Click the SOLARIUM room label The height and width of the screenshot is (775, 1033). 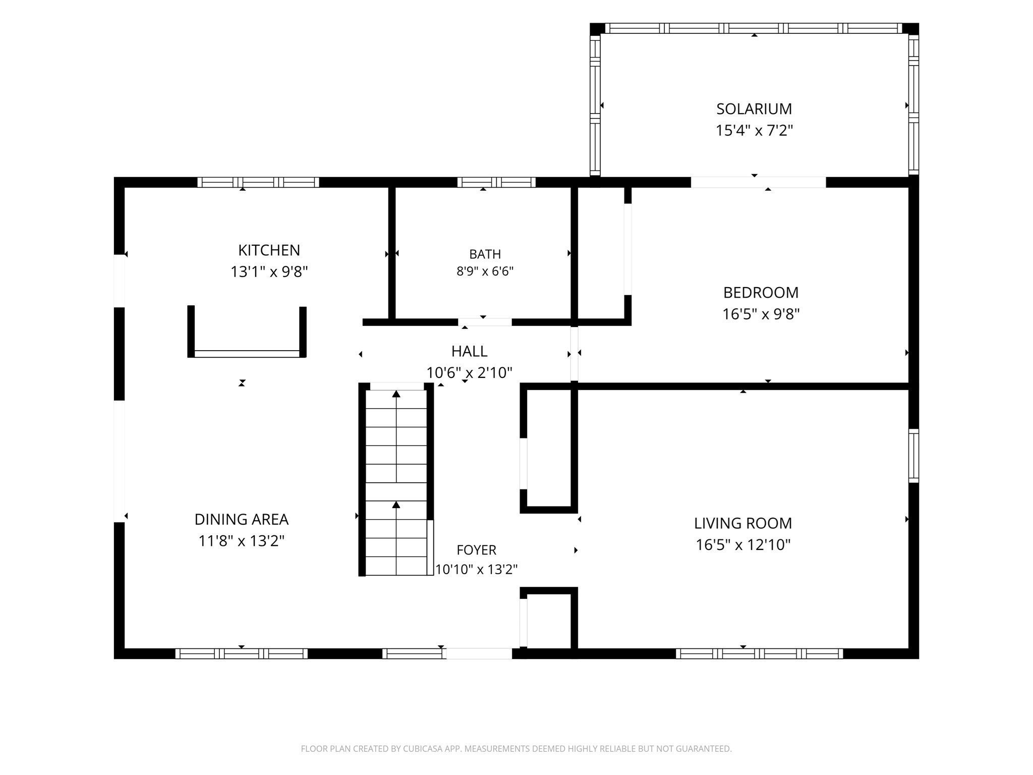tap(754, 108)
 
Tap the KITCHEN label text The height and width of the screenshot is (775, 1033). tap(269, 250)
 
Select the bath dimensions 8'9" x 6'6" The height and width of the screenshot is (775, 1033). tap(485, 271)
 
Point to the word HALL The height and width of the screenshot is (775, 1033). tap(469, 351)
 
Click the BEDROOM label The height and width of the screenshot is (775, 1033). tap(761, 293)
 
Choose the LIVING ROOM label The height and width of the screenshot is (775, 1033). tap(743, 523)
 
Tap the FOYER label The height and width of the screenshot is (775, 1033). tap(477, 549)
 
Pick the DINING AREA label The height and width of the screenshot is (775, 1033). tap(242, 519)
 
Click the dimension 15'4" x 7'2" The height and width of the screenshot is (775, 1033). tap(754, 131)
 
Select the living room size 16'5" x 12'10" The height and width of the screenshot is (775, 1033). tap(743, 545)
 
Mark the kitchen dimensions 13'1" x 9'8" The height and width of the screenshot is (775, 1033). tap(269, 272)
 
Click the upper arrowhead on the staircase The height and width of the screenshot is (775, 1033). tap(396, 394)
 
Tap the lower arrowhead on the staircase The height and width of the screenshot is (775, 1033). tap(396, 505)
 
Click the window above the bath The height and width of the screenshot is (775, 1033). tap(496, 182)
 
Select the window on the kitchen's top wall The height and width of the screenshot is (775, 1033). tap(258, 182)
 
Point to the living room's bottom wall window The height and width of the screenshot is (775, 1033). tap(759, 654)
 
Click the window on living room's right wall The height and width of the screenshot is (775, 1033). tap(913, 456)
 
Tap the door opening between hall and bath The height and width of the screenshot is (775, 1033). tap(485, 322)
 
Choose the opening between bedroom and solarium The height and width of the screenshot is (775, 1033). tap(758, 182)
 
